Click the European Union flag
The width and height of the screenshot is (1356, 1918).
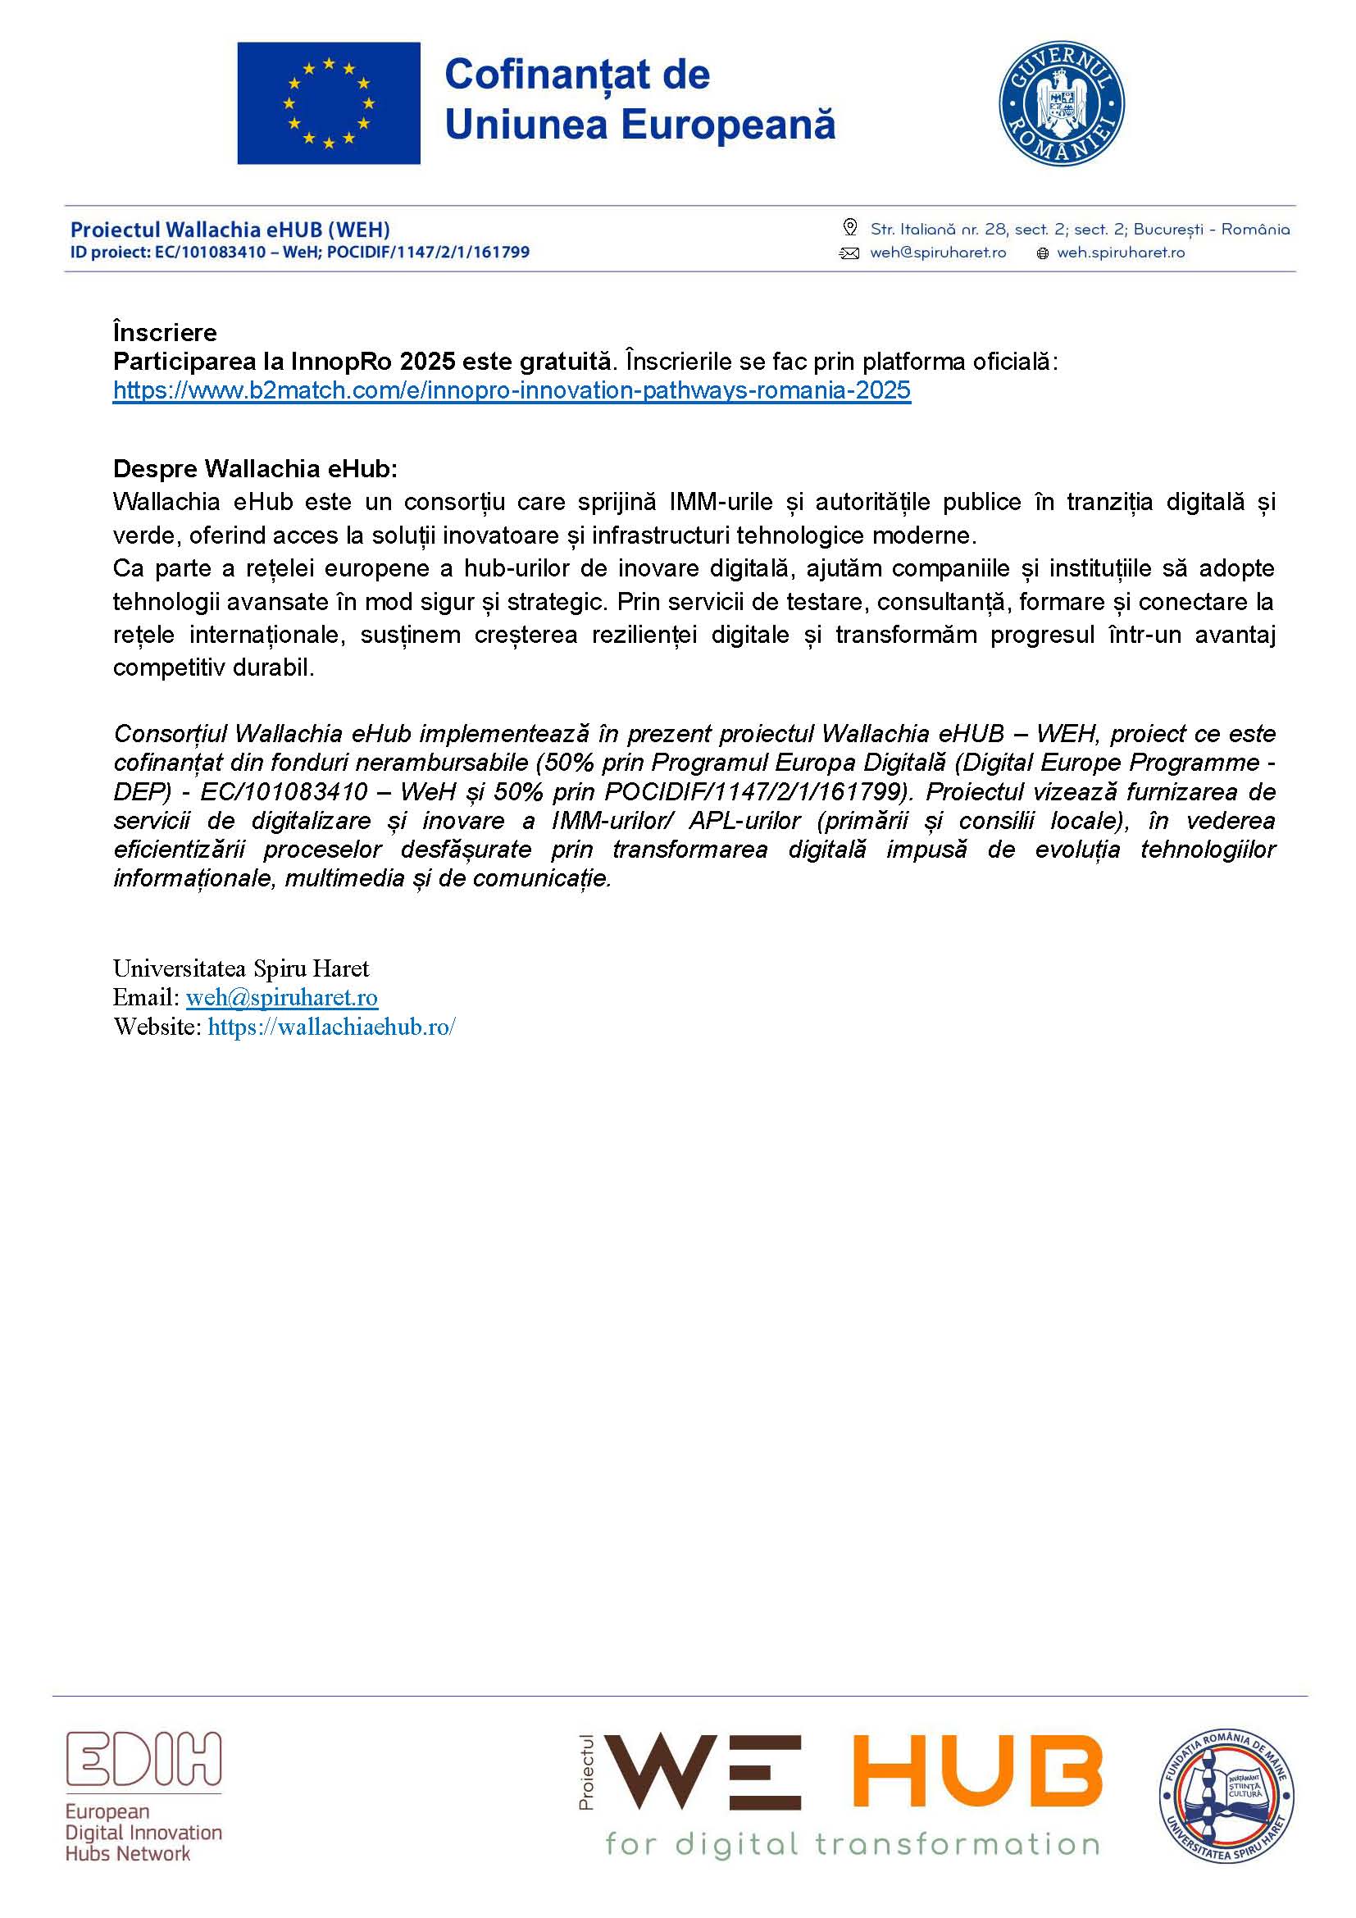tap(328, 103)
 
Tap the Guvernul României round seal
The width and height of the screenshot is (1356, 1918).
tap(1061, 103)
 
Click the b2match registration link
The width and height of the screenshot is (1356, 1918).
tap(512, 390)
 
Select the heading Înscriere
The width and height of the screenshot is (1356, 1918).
tap(165, 332)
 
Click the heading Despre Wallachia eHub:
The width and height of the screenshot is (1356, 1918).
tap(255, 469)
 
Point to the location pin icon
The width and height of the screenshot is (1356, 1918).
tap(850, 227)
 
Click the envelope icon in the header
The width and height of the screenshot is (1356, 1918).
tap(849, 253)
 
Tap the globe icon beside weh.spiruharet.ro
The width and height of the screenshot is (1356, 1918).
tap(1042, 253)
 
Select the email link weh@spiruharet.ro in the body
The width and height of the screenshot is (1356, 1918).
tap(281, 997)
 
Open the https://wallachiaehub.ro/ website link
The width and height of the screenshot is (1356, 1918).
tap(331, 1027)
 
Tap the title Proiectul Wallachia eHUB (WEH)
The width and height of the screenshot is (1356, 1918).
tap(230, 230)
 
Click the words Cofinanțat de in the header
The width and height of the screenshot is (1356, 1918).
tap(577, 75)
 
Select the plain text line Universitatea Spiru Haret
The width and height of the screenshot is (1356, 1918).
tap(240, 969)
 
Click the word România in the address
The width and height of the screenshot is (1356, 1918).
tap(1255, 229)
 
